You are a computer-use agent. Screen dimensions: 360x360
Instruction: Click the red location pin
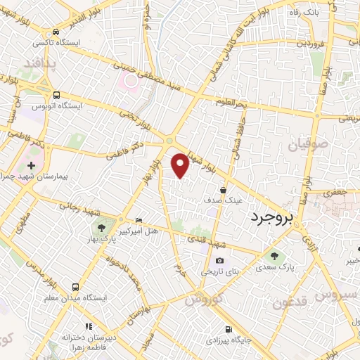[x=180, y=165]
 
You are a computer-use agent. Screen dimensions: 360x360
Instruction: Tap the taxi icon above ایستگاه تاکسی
[x=56, y=32]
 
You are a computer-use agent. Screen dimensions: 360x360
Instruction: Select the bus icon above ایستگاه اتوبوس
[x=56, y=95]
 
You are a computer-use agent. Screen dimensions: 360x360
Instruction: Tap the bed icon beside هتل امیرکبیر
[x=138, y=221]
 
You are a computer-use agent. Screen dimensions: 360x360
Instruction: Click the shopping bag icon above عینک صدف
[x=223, y=190]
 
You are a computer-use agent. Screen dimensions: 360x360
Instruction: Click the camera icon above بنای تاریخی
[x=220, y=261]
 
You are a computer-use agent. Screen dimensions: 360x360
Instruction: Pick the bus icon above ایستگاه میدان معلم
[x=75, y=287]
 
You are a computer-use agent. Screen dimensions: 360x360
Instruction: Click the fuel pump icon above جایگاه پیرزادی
[x=228, y=329]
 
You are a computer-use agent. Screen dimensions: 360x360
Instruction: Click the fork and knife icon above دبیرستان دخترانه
[x=89, y=326]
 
